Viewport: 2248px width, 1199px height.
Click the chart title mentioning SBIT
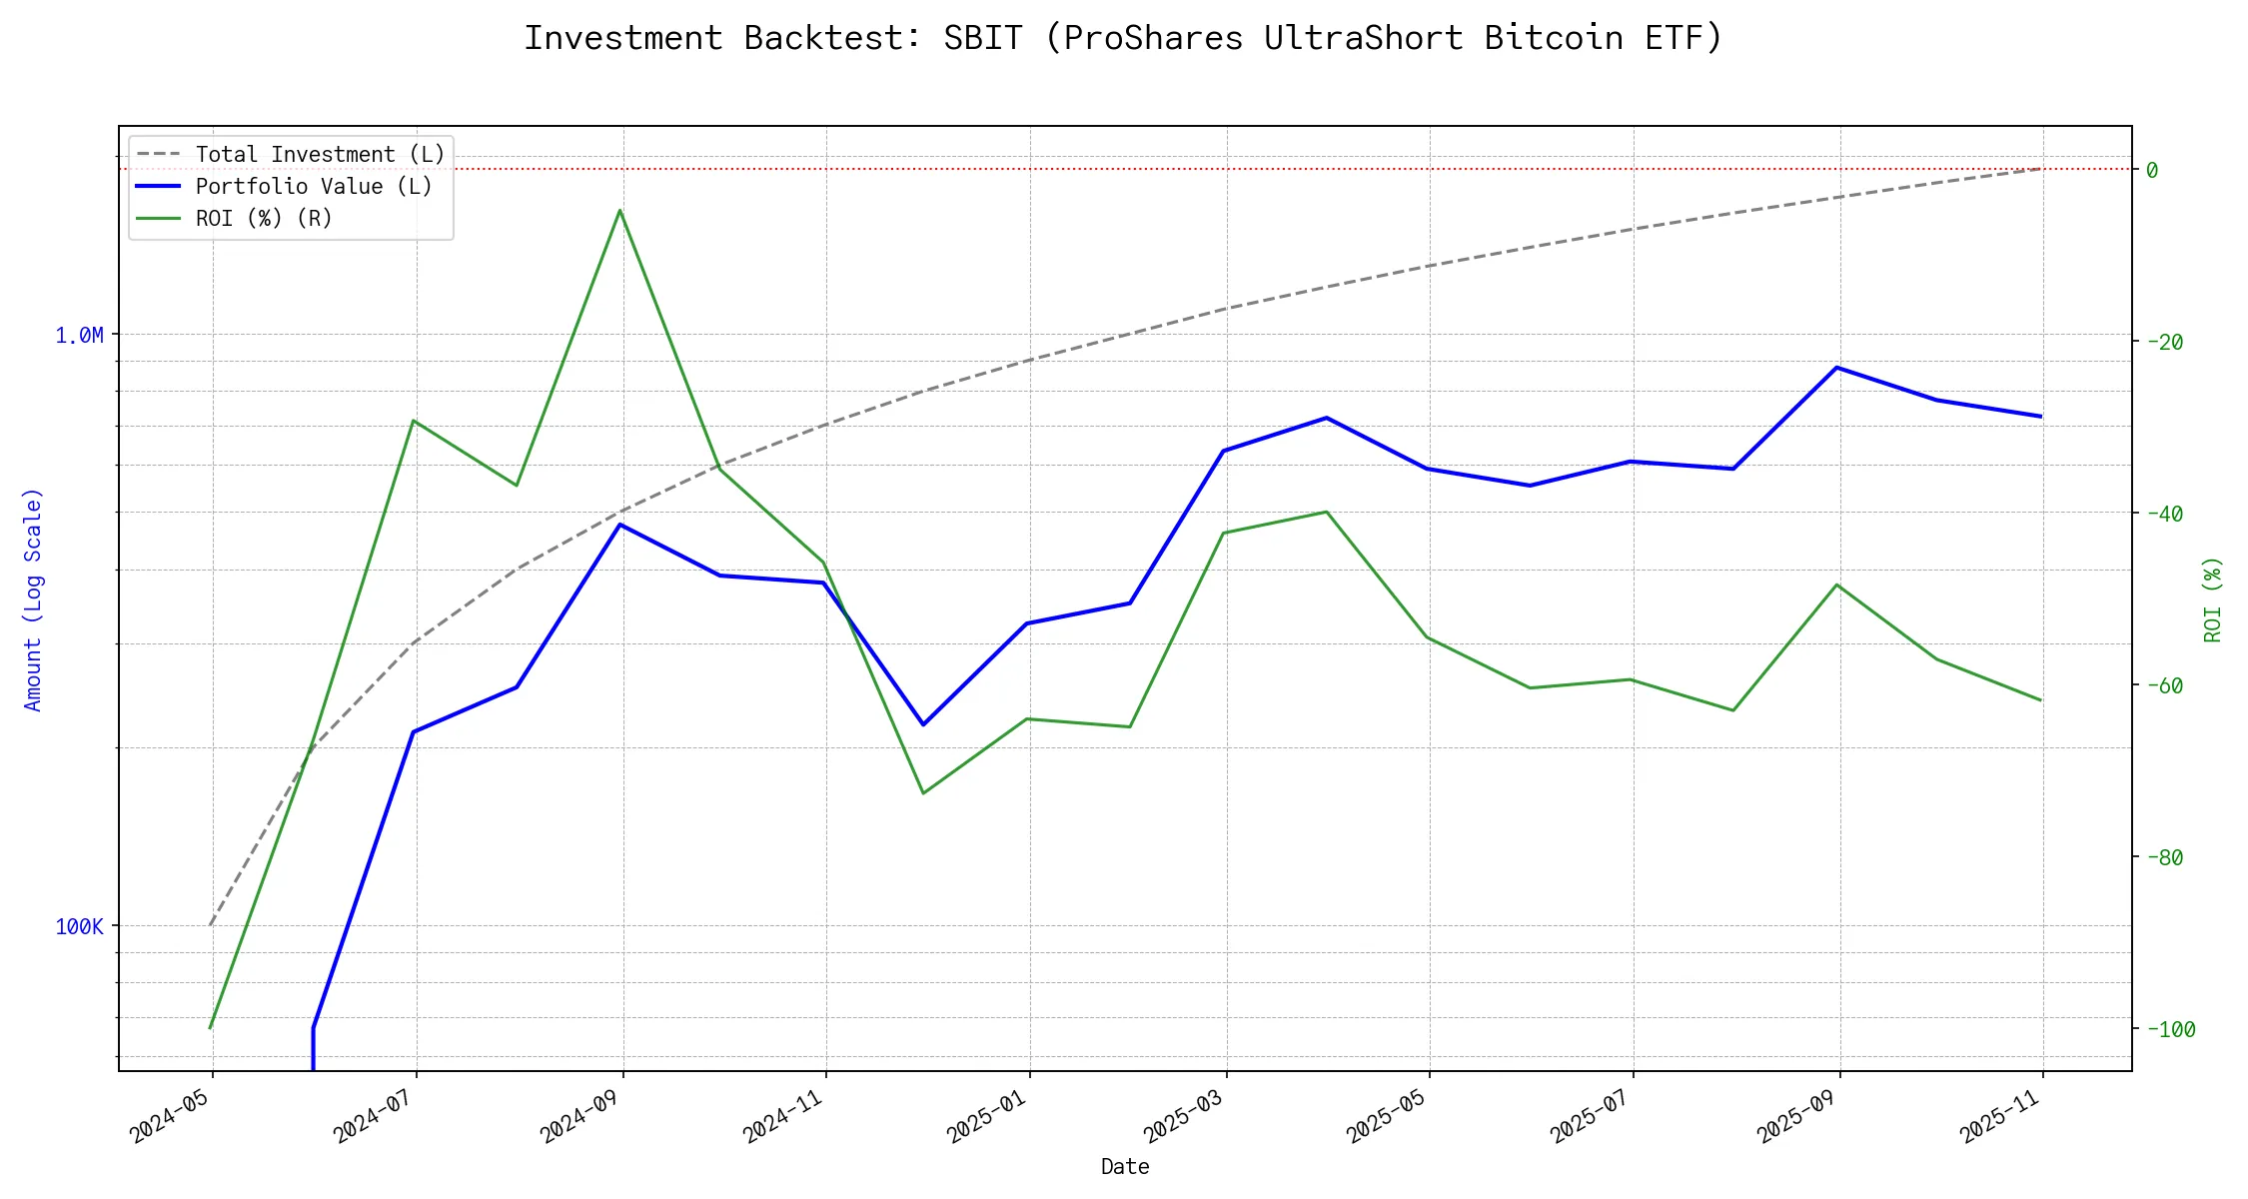1123,38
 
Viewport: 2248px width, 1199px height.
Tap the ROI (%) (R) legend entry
264,219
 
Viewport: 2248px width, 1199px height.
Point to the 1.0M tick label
79,336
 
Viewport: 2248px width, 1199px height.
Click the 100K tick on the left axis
79,927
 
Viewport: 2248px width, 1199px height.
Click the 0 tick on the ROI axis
2152,171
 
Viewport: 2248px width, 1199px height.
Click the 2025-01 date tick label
988,1116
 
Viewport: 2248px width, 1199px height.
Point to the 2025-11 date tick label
2001,1116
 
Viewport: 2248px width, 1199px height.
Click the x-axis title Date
1125,1167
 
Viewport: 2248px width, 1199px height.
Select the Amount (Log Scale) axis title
34,599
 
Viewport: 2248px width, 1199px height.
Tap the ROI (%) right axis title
2213,599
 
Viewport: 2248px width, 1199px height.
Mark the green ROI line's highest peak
619,210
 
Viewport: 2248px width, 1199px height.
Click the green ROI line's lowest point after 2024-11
923,793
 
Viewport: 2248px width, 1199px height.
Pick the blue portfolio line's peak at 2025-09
1836,368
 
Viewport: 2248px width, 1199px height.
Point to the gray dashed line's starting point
210,925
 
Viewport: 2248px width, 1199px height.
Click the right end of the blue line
2041,417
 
